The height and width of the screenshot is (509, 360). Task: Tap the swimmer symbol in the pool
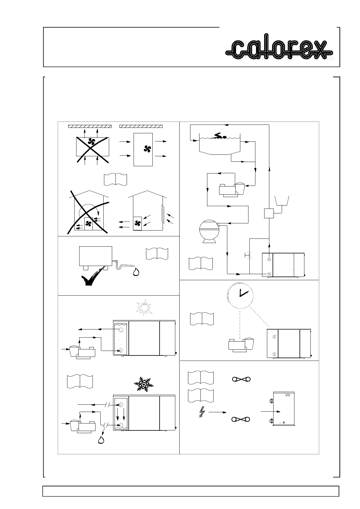(220, 137)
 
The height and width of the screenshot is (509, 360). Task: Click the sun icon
(143, 307)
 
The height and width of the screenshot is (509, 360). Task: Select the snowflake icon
(143, 384)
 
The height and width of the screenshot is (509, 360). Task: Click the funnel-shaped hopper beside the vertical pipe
(282, 201)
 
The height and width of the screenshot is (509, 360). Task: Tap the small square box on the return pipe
(269, 213)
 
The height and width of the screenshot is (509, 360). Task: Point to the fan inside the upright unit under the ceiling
(148, 149)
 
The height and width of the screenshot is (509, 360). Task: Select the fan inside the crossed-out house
(88, 223)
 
